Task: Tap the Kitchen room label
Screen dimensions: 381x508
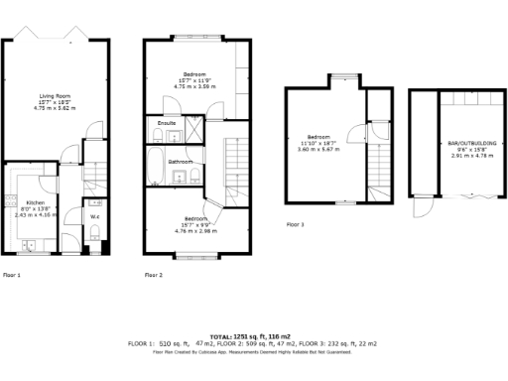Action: pos(36,201)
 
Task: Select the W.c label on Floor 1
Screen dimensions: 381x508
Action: pos(94,215)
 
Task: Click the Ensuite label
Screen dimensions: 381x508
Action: pos(167,123)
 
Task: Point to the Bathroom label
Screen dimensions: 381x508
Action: pos(180,161)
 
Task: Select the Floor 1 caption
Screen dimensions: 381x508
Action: pos(12,275)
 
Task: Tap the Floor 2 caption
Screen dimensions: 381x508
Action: pos(154,275)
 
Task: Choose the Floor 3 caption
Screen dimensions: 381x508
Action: pos(296,225)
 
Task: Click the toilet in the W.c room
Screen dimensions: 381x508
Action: pos(93,232)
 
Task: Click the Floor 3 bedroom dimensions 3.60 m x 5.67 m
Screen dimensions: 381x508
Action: pos(318,149)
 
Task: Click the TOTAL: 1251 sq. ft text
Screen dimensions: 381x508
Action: pos(253,336)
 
